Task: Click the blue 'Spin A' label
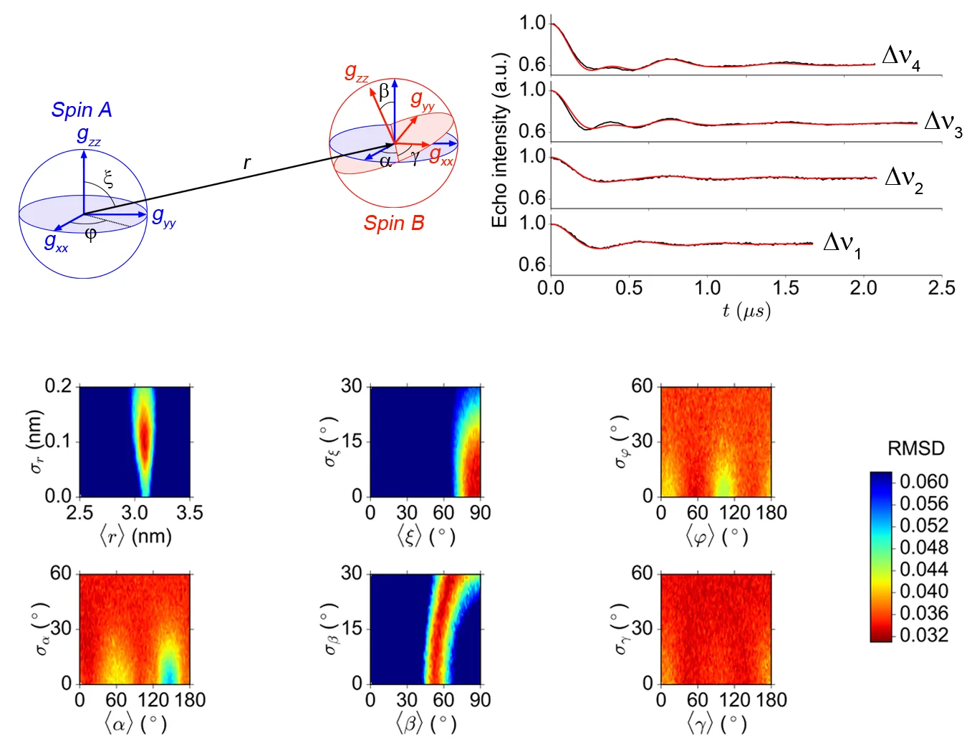(x=82, y=110)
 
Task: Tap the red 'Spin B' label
(x=393, y=224)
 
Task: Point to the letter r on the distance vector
(x=247, y=163)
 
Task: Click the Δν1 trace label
(x=842, y=244)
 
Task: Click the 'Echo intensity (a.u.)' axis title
(x=499, y=140)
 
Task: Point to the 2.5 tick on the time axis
(x=941, y=288)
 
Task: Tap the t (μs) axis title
(x=746, y=311)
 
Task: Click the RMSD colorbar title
(x=915, y=449)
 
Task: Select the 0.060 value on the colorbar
(x=923, y=481)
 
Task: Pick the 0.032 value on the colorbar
(x=923, y=635)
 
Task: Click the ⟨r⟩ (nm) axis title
(x=135, y=537)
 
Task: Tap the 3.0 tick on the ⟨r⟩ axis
(x=135, y=513)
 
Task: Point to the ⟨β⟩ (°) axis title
(x=425, y=724)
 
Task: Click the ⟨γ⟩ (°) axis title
(x=716, y=724)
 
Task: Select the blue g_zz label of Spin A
(x=88, y=135)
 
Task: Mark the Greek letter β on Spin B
(x=384, y=91)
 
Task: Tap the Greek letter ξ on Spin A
(x=108, y=178)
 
